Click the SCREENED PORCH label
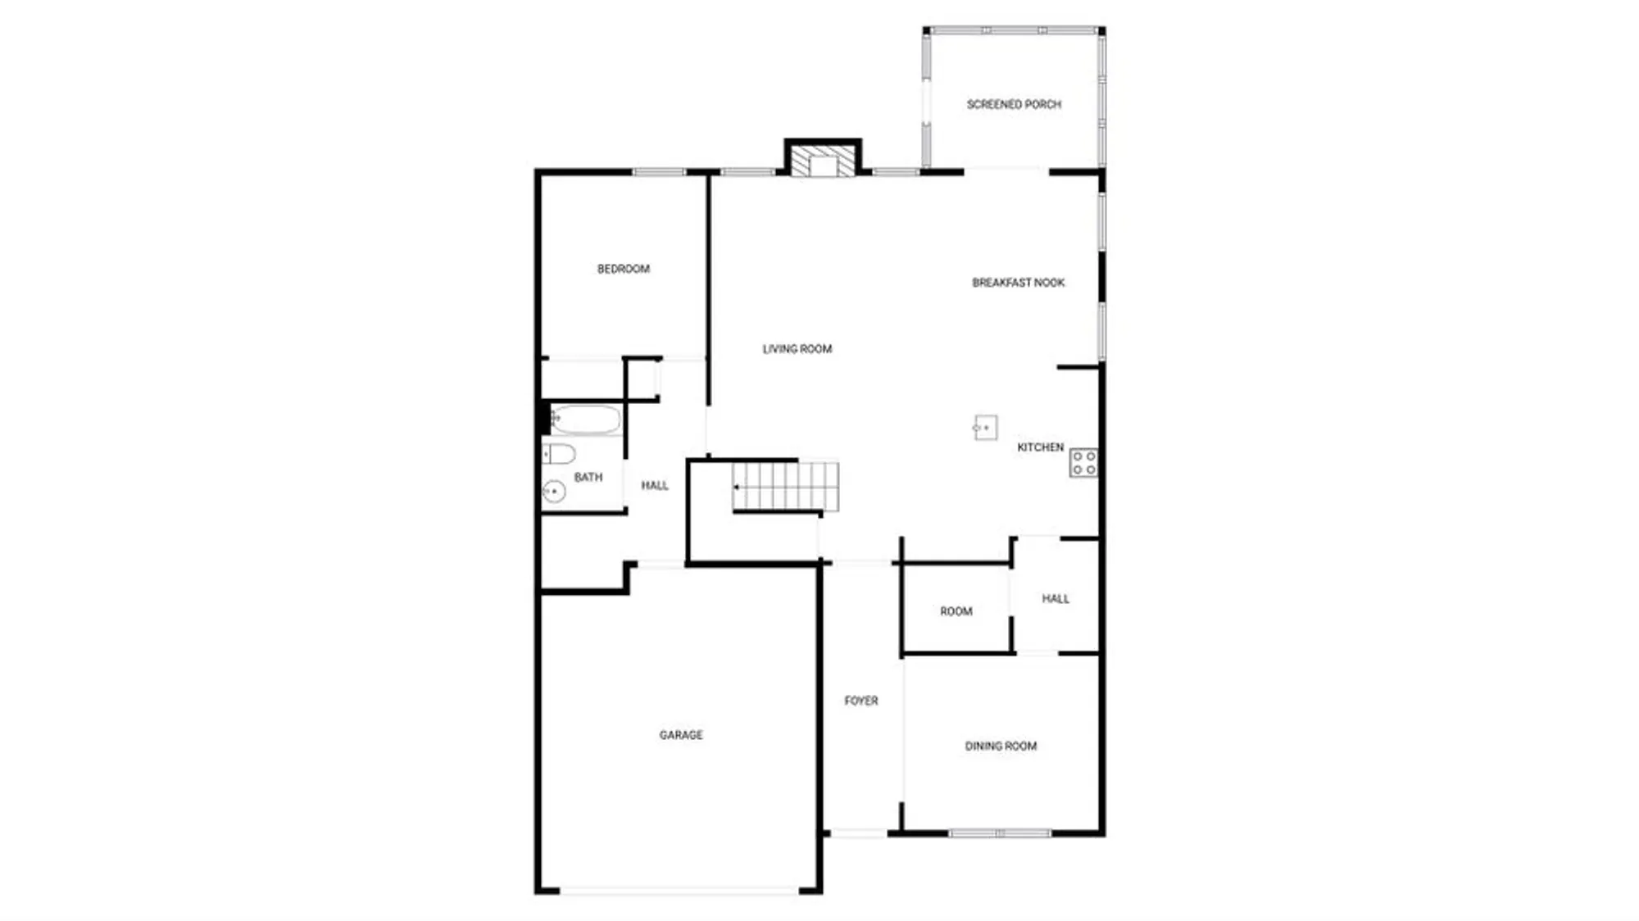pyautogui.click(x=1014, y=105)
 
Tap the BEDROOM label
pyautogui.click(x=624, y=269)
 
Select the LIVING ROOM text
pyautogui.click(x=797, y=349)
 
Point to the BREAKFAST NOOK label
pyautogui.click(x=1019, y=283)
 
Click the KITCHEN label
pyautogui.click(x=1040, y=447)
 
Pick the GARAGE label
pyautogui.click(x=681, y=735)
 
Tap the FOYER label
pyautogui.click(x=861, y=701)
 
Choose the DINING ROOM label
pyautogui.click(x=1001, y=746)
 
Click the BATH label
pyautogui.click(x=588, y=477)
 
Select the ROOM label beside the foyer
pyautogui.click(x=956, y=611)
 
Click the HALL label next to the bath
pyautogui.click(x=655, y=486)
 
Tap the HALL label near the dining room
pyautogui.click(x=1056, y=599)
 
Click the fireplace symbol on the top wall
pyautogui.click(x=823, y=162)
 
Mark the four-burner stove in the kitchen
pyautogui.click(x=1084, y=463)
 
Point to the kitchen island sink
pyautogui.click(x=985, y=428)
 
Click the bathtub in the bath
pyautogui.click(x=585, y=420)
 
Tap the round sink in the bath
pyautogui.click(x=554, y=492)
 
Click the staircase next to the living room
pyautogui.click(x=785, y=487)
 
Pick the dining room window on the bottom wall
pyautogui.click(x=1000, y=833)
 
